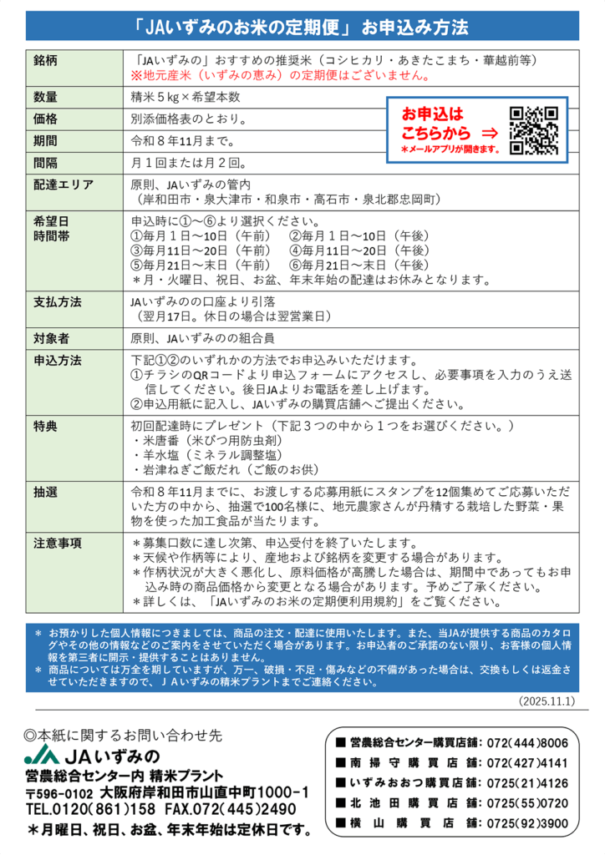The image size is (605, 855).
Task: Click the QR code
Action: coord(533,130)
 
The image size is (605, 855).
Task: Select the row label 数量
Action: coord(46,97)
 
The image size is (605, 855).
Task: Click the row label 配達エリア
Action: coord(64,185)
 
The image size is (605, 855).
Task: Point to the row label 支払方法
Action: coord(58,302)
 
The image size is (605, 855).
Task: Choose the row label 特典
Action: coord(46,427)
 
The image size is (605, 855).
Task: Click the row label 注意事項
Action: coord(58,543)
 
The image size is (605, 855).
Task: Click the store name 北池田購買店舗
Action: coord(402,802)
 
